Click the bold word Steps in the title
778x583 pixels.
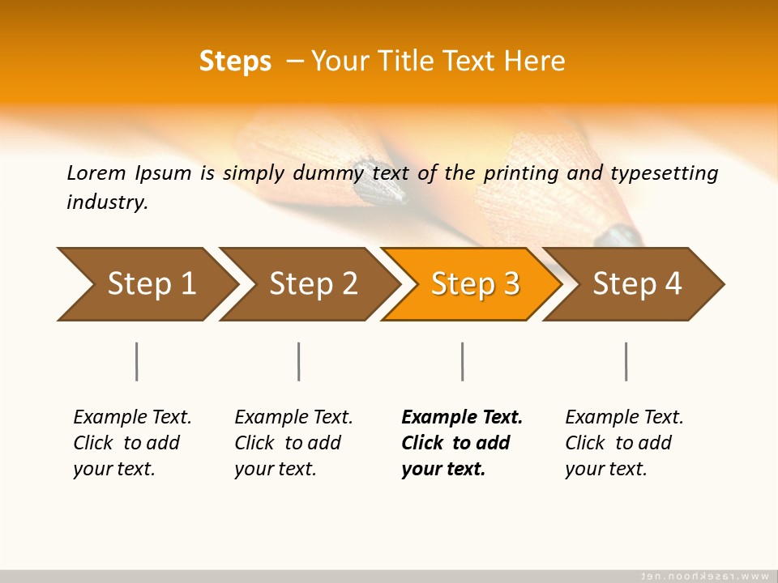[x=235, y=61]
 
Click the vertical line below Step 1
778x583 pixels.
[x=137, y=361]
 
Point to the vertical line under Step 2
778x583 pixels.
[x=299, y=361]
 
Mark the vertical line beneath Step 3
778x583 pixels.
[x=463, y=361]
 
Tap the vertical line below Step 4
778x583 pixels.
[x=626, y=361]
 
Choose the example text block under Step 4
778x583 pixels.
[x=624, y=443]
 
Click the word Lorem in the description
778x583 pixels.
[x=96, y=172]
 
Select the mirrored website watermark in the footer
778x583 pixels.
[x=704, y=576]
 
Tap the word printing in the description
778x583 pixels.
[x=526, y=173]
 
